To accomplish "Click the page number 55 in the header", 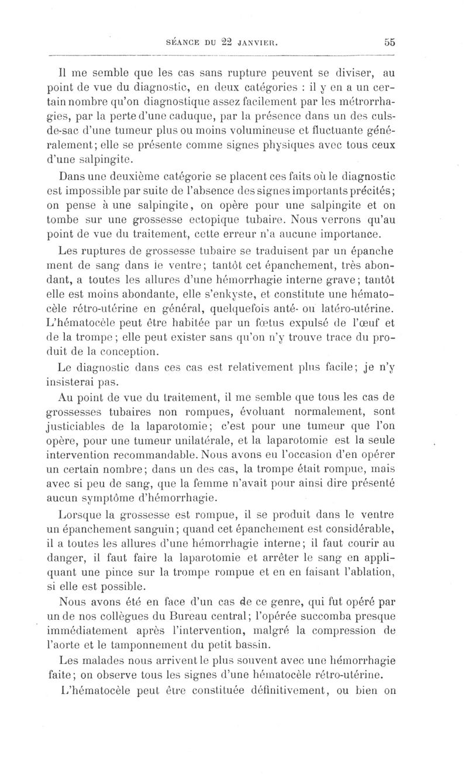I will (x=390, y=42).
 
